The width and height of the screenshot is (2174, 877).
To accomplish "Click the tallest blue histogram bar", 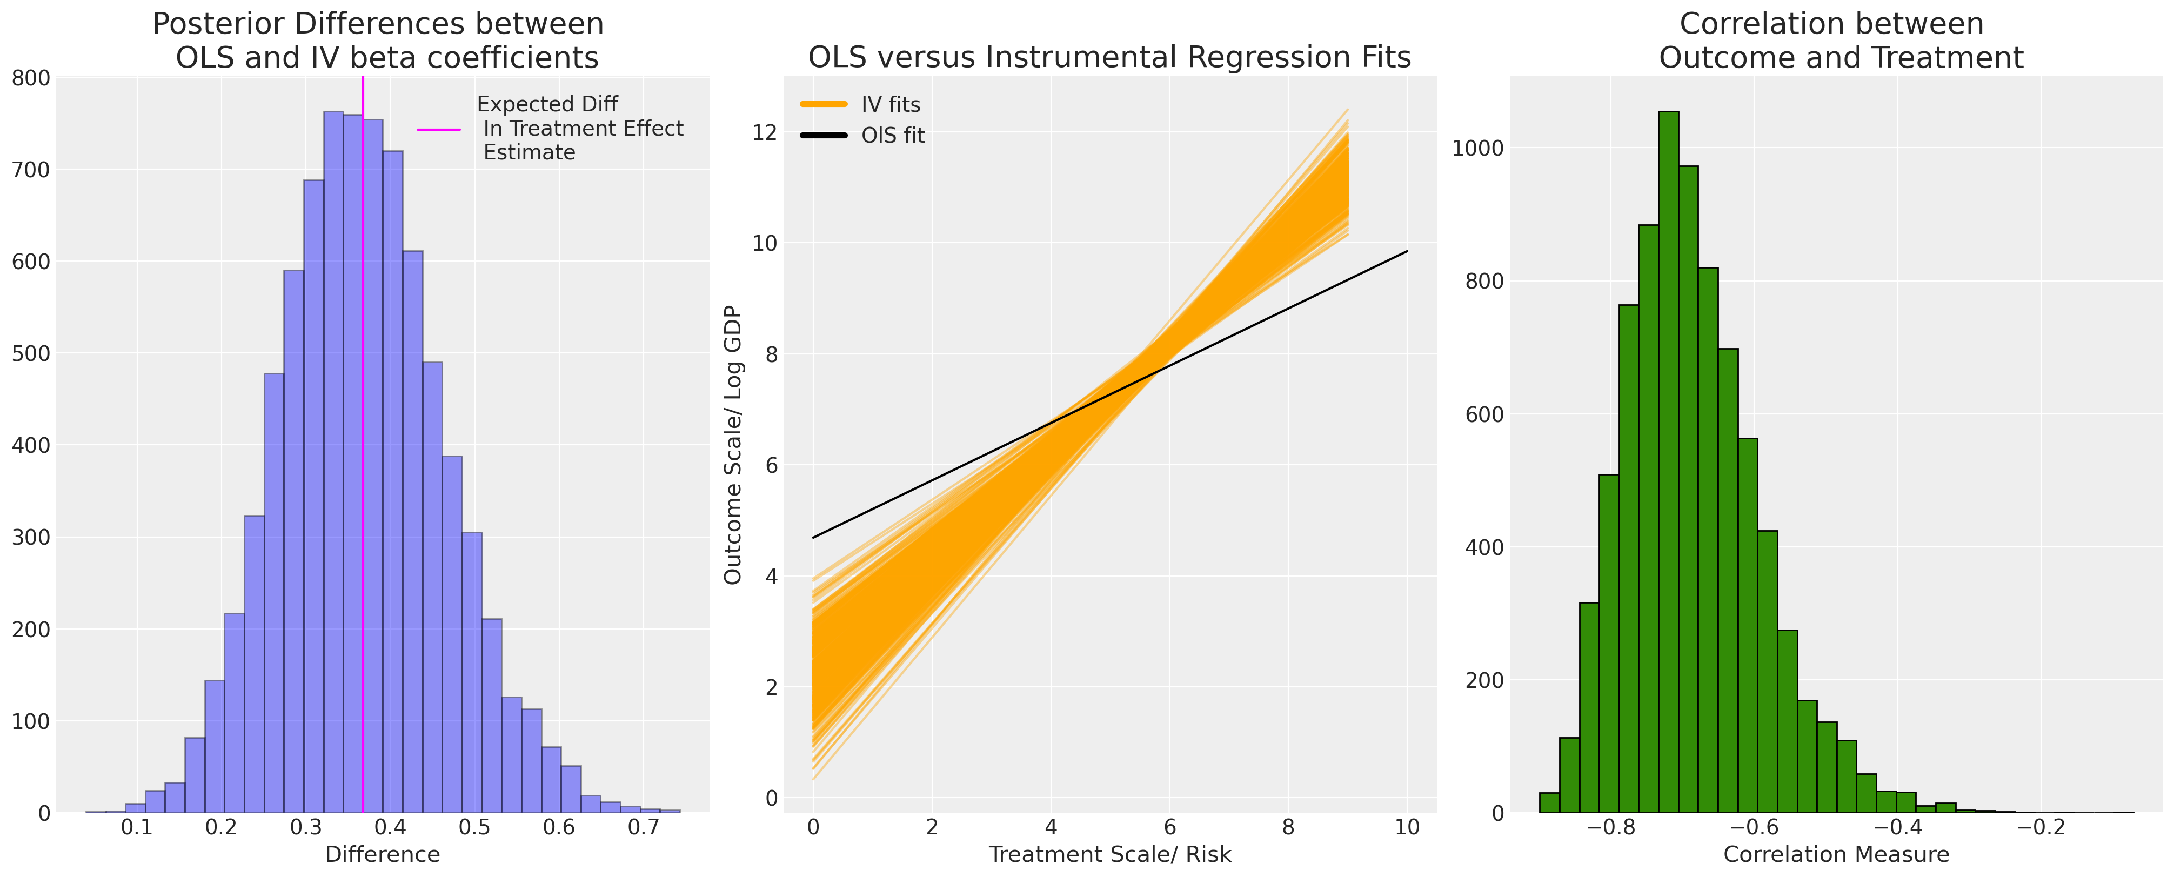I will tap(333, 464).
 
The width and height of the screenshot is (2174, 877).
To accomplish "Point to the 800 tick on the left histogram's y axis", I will tap(31, 78).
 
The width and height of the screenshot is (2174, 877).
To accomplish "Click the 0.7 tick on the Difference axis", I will tap(643, 827).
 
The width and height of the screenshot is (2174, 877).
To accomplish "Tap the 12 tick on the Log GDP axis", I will tap(765, 132).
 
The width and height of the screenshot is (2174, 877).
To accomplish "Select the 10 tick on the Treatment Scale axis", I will tap(1407, 827).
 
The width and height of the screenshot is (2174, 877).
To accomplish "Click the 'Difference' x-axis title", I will tap(382, 855).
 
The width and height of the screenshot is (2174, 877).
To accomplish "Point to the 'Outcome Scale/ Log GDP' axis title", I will tap(733, 445).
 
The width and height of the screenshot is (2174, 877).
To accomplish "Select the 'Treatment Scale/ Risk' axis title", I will tap(1110, 855).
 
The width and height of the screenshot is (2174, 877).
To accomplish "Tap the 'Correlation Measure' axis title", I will tap(1836, 855).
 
